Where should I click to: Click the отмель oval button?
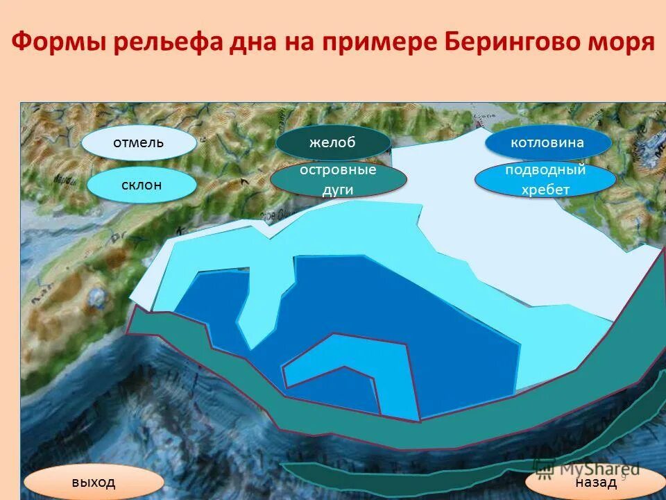click(x=139, y=143)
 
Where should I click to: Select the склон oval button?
click(x=142, y=185)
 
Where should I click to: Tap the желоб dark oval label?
click(x=332, y=143)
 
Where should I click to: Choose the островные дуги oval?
click(x=338, y=180)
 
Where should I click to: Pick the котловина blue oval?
click(x=547, y=143)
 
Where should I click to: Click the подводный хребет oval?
click(x=545, y=180)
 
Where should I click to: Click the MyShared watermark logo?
click(x=590, y=469)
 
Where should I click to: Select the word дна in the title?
click(x=245, y=42)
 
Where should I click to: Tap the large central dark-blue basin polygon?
click(x=430, y=333)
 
